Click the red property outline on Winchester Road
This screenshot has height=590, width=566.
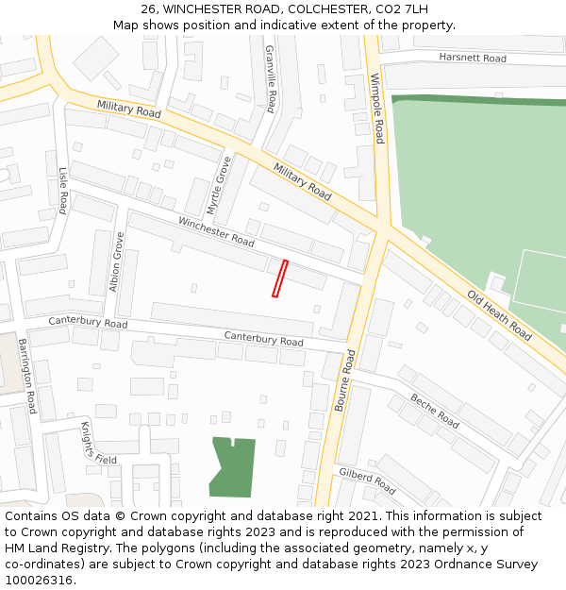[279, 278]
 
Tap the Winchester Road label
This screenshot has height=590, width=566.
[216, 232]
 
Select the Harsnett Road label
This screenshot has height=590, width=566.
[472, 59]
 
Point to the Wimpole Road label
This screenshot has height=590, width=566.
[376, 109]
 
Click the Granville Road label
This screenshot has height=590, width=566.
[270, 78]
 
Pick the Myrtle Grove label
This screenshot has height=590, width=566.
[225, 184]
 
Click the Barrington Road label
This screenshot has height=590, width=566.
[26, 376]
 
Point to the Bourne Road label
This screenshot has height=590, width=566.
[344, 380]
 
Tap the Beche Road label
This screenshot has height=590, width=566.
[435, 413]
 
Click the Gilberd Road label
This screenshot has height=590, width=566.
[367, 480]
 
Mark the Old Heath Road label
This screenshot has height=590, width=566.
[499, 315]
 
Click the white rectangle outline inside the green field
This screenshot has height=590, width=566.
[541, 280]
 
